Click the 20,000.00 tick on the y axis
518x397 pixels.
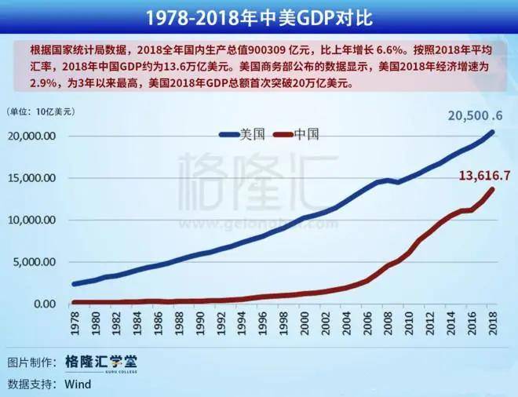(31, 136)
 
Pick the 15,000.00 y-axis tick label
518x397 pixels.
(31, 178)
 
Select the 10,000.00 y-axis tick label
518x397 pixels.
(31, 220)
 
